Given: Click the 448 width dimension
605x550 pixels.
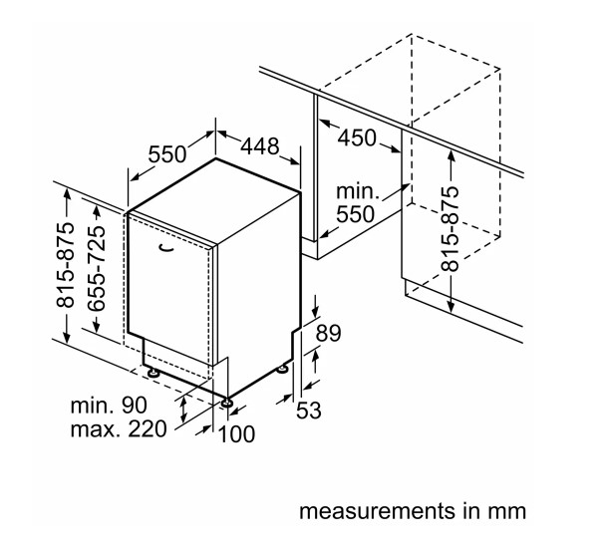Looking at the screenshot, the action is click(260, 146).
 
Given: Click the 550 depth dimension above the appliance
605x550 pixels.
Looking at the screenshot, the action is click(167, 154).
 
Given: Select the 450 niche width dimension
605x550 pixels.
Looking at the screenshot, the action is click(357, 137).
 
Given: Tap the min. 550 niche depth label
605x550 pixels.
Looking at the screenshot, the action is click(356, 203).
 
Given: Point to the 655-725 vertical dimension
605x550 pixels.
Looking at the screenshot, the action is click(96, 268).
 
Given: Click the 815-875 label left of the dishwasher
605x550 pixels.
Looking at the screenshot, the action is click(65, 265).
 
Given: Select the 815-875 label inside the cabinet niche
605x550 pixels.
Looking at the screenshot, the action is click(451, 229).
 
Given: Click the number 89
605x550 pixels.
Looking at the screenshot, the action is click(328, 333).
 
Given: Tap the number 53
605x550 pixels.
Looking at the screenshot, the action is click(309, 410).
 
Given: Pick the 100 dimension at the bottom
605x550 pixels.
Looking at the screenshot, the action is click(236, 433).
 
